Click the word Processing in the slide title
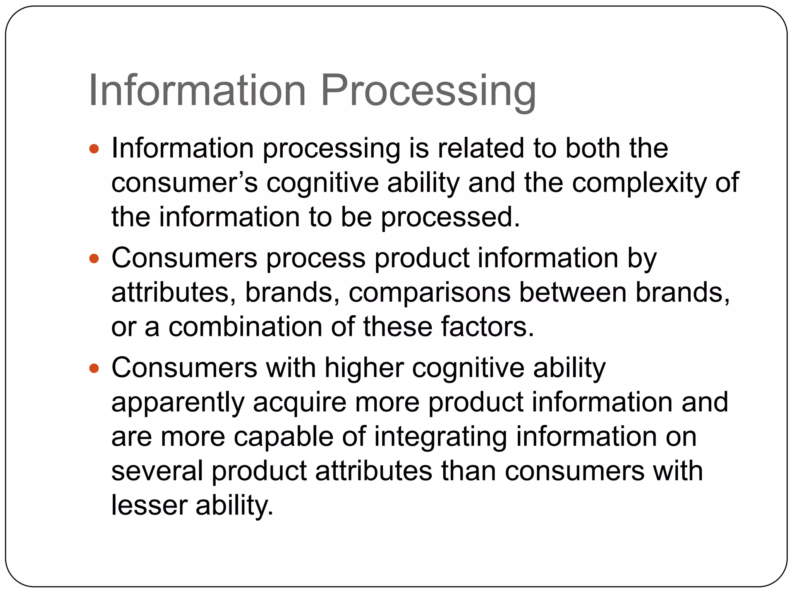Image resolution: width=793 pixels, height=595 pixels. coord(428,91)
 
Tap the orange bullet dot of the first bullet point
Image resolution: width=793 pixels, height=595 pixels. coord(94,149)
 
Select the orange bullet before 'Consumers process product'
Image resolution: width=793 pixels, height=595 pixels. coord(94,258)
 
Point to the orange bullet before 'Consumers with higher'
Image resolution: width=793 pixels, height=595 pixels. coord(94,368)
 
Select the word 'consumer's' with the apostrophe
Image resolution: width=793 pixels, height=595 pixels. coord(184,182)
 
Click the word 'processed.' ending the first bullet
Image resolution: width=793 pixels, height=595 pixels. coord(451,217)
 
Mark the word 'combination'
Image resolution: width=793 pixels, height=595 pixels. coord(245,327)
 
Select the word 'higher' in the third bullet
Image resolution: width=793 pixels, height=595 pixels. coord(364,368)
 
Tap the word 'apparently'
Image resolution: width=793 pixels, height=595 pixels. coord(178,402)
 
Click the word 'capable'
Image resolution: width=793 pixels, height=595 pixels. coord(283,437)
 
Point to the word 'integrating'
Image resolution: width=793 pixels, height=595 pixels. coord(440,437)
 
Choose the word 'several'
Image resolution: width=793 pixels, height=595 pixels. coord(157,471)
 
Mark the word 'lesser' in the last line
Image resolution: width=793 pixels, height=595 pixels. coord(149,505)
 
